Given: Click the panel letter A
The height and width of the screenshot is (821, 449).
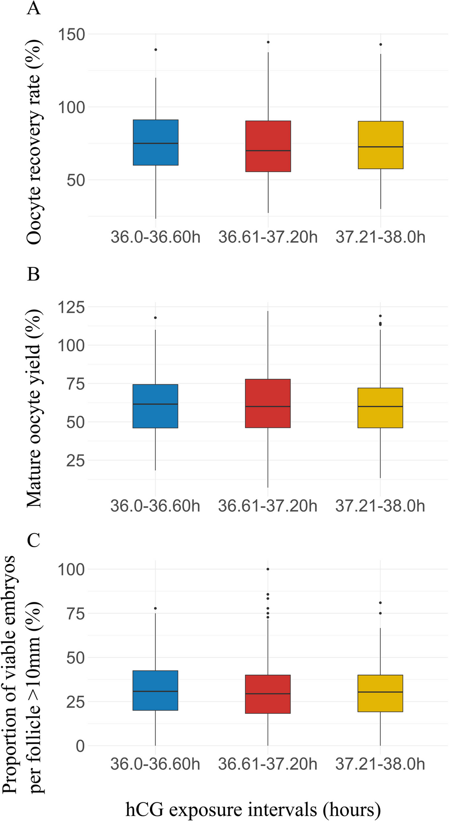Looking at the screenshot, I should pos(33,8).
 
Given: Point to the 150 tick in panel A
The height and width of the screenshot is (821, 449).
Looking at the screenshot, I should pos(71,34).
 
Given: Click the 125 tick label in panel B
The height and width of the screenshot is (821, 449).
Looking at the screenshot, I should pos(71,307).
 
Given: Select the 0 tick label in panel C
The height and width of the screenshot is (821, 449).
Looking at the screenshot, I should pos(80,746).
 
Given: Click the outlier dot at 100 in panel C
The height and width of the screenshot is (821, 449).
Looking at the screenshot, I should pos(268,569).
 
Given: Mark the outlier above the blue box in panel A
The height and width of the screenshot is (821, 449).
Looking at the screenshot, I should pos(155,50).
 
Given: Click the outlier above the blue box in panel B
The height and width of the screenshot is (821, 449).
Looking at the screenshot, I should pos(155,318).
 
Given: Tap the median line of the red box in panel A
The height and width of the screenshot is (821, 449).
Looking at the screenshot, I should pos(268,151).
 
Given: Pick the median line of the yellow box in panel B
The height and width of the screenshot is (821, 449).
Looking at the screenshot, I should pos(380,407).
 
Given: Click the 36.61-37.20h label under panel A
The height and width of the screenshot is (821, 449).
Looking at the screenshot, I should pos(268,238).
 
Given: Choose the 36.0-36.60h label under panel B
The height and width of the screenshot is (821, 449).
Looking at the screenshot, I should pos(155,506).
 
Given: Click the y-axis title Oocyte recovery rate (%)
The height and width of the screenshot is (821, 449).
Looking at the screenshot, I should pos(34,142).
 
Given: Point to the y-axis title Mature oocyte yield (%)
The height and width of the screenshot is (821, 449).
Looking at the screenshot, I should pos(34,408).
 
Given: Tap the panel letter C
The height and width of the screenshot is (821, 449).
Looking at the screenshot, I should pos(33,540).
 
